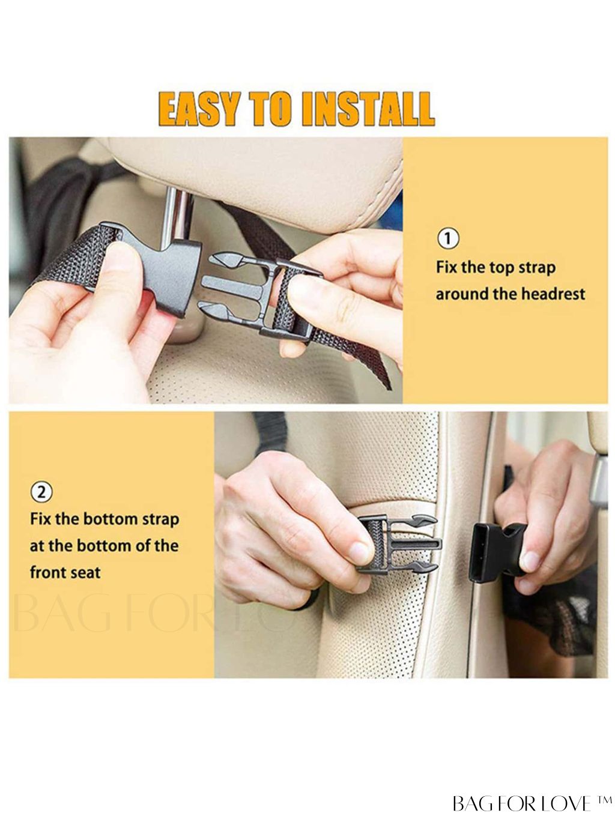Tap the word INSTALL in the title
pos(368,109)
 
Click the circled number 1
pos(448,238)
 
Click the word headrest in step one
pos(553,294)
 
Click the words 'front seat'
pos(65,572)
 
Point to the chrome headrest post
pos(177,216)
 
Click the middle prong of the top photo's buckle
pos(232,286)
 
